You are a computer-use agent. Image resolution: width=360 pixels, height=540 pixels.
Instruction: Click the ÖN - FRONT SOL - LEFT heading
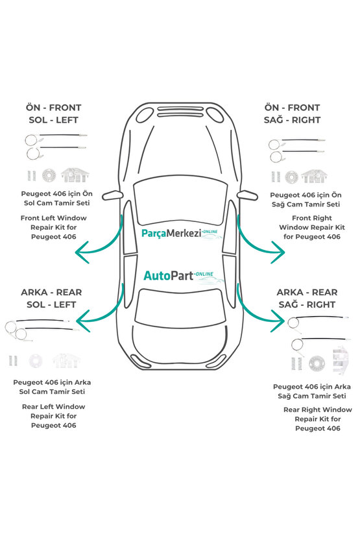point(53,114)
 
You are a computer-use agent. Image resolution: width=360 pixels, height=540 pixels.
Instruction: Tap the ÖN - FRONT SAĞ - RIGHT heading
point(292,114)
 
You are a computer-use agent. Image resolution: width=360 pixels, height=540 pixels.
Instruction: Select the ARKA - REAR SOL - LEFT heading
point(51,299)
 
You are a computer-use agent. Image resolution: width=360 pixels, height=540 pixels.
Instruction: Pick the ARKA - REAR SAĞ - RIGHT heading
point(307,299)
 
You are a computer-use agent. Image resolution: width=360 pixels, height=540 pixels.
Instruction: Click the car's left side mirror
point(113,195)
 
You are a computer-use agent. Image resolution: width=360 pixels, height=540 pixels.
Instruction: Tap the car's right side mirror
point(247,195)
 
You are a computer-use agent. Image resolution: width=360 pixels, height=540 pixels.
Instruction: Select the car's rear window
point(180,308)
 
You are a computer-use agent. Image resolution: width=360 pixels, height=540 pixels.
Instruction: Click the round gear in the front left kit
point(49,176)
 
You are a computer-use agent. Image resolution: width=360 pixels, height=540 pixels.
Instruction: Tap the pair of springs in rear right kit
point(296,363)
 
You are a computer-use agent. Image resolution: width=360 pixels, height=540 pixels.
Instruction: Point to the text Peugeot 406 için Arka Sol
point(52,387)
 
